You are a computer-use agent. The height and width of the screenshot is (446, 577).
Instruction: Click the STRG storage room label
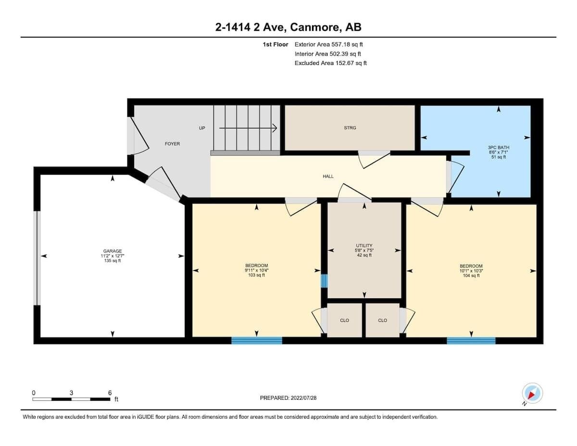click(350, 128)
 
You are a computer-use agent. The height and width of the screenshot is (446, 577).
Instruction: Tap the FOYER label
click(172, 144)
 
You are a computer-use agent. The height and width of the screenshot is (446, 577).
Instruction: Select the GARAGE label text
click(113, 251)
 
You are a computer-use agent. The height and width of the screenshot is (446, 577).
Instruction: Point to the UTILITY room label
click(364, 245)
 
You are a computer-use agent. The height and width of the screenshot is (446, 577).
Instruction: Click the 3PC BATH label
click(499, 147)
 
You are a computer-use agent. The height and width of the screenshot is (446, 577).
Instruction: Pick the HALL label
click(328, 176)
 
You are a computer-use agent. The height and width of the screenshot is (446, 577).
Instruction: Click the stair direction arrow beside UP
click(248, 128)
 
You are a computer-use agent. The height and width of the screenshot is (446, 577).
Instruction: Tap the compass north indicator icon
click(532, 393)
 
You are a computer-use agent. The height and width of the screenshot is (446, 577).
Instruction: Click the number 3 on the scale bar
click(71, 393)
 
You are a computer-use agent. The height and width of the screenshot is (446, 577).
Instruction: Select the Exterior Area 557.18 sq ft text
click(328, 44)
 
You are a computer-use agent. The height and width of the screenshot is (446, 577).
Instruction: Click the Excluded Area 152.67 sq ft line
click(331, 63)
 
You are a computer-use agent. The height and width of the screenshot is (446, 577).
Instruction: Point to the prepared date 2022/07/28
click(303, 398)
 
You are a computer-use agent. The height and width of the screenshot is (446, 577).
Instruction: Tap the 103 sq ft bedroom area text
click(256, 275)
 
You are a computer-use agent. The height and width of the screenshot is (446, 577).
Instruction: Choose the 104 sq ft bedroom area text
click(471, 276)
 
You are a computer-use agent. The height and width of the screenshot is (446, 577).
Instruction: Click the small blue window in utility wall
click(324, 281)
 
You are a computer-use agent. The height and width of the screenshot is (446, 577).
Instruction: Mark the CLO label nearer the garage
click(344, 320)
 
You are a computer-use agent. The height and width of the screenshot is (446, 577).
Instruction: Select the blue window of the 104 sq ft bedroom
click(471, 341)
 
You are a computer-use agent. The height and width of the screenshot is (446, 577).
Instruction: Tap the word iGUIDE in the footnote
click(146, 417)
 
